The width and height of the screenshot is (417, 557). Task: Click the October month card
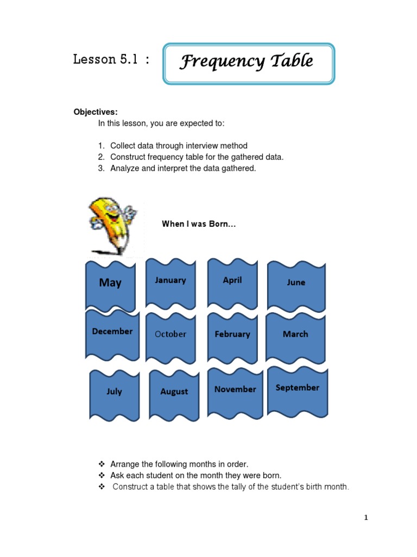(170, 335)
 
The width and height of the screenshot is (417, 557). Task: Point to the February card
(232, 335)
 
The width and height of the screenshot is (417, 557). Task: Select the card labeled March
(295, 335)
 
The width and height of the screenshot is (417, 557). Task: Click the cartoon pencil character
(111, 225)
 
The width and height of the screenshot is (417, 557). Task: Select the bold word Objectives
(96, 112)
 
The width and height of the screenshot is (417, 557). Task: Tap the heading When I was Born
(199, 224)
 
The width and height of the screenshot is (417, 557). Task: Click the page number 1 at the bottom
(366, 518)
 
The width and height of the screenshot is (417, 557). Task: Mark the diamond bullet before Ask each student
(102, 475)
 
